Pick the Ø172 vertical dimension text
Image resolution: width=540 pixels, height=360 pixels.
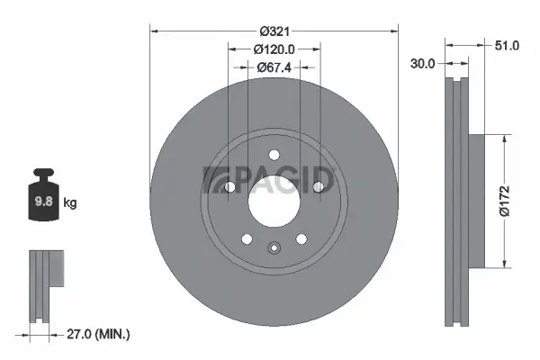[x=508, y=200]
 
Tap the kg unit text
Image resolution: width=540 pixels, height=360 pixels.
[x=70, y=203]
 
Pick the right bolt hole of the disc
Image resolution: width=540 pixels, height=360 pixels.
[x=318, y=186]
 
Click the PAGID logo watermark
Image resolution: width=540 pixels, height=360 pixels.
[x=270, y=179]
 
